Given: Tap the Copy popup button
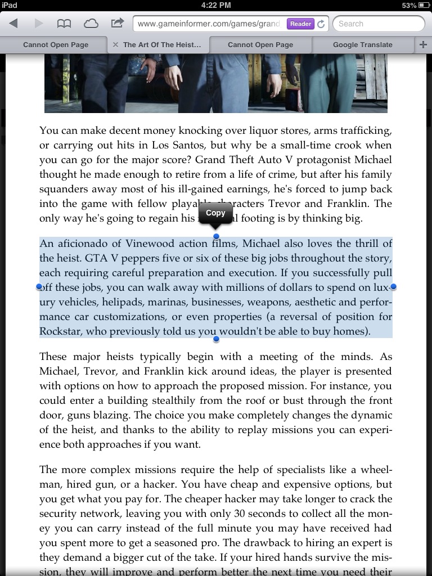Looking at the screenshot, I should (215, 213).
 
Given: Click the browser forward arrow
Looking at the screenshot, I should (39, 24).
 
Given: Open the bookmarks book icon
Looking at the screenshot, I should (64, 24).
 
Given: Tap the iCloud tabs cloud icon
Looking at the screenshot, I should (91, 24).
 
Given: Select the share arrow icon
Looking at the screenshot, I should (117, 23).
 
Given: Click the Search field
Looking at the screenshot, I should (378, 24).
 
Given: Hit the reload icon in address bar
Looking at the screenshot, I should (321, 24).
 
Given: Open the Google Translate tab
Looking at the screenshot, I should (362, 44).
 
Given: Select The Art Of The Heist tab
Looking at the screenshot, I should (161, 44).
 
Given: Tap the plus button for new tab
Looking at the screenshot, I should (423, 44).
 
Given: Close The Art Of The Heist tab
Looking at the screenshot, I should (115, 44).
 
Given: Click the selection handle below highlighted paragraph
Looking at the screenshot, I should (216, 339).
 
